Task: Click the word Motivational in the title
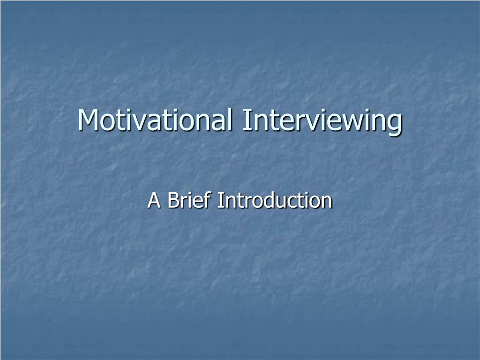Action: point(155,120)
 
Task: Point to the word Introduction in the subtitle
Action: point(275,201)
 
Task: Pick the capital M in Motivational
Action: point(88,120)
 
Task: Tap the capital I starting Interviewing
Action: point(246,120)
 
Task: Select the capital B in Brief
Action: point(172,201)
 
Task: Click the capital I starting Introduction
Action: point(220,201)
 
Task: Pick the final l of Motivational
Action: point(229,120)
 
